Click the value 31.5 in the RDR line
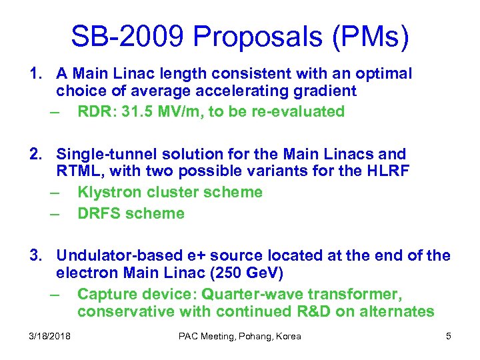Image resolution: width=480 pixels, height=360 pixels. pyautogui.click(x=131, y=111)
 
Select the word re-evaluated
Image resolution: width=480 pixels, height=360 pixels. pyautogui.click(x=301, y=111)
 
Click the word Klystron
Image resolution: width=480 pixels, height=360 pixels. pyautogui.click(x=108, y=192)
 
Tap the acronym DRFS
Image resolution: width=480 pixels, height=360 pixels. pyautogui.click(x=98, y=213)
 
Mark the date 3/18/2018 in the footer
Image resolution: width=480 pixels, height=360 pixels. pyautogui.click(x=51, y=336)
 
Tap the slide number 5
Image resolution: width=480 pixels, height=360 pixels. pyautogui.click(x=449, y=336)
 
